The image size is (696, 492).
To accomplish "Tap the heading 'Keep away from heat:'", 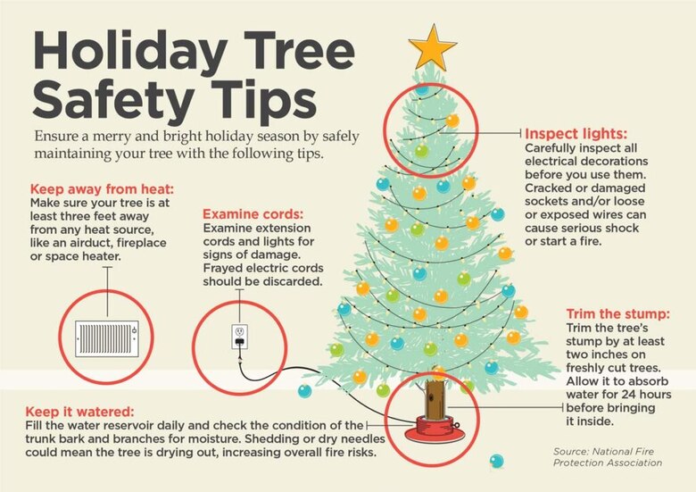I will tap(102, 189).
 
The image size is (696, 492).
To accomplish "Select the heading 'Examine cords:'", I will tap(253, 214).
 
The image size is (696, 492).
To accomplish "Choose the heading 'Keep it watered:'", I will tap(81, 411).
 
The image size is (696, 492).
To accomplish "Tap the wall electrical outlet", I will tap(239, 336).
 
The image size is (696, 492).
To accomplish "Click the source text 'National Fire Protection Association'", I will tap(607, 456).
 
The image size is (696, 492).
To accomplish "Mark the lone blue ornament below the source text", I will tap(497, 461).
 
